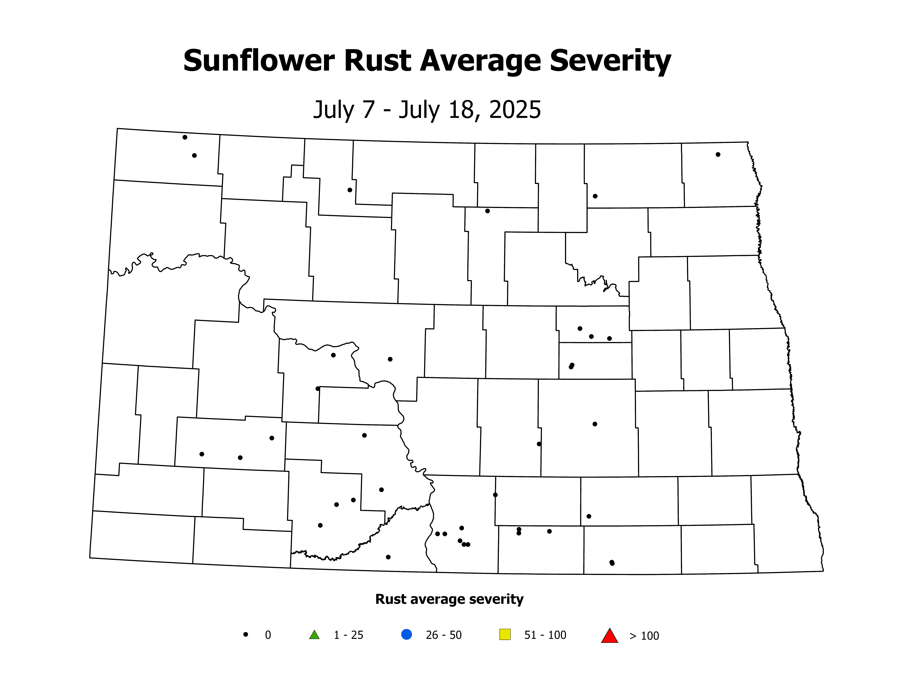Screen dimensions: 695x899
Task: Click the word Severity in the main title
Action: (x=610, y=61)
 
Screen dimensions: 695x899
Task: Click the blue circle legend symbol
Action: (x=406, y=634)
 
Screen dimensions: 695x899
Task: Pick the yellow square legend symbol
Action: (x=505, y=634)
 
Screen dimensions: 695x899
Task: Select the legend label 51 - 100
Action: (x=545, y=635)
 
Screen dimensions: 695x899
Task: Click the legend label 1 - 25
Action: (x=348, y=635)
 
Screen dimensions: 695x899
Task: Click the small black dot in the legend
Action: (x=246, y=634)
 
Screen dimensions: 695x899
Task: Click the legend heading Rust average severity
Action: (x=449, y=599)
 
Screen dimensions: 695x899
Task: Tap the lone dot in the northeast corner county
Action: (x=718, y=154)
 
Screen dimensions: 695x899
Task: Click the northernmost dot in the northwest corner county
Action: (x=185, y=137)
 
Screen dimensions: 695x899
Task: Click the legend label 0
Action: (x=268, y=635)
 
